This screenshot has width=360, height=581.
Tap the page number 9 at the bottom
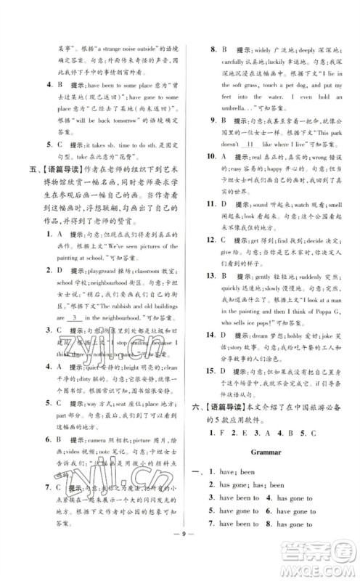[x=180, y=558]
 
